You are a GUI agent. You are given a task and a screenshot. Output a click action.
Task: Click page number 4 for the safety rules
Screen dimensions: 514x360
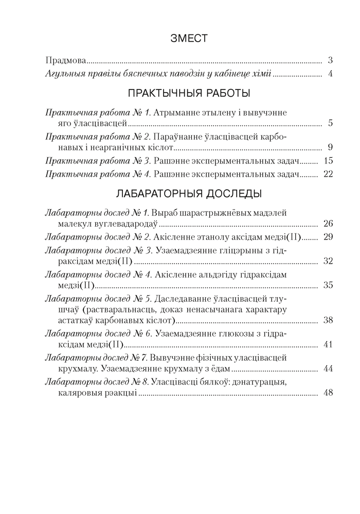click(330, 74)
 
